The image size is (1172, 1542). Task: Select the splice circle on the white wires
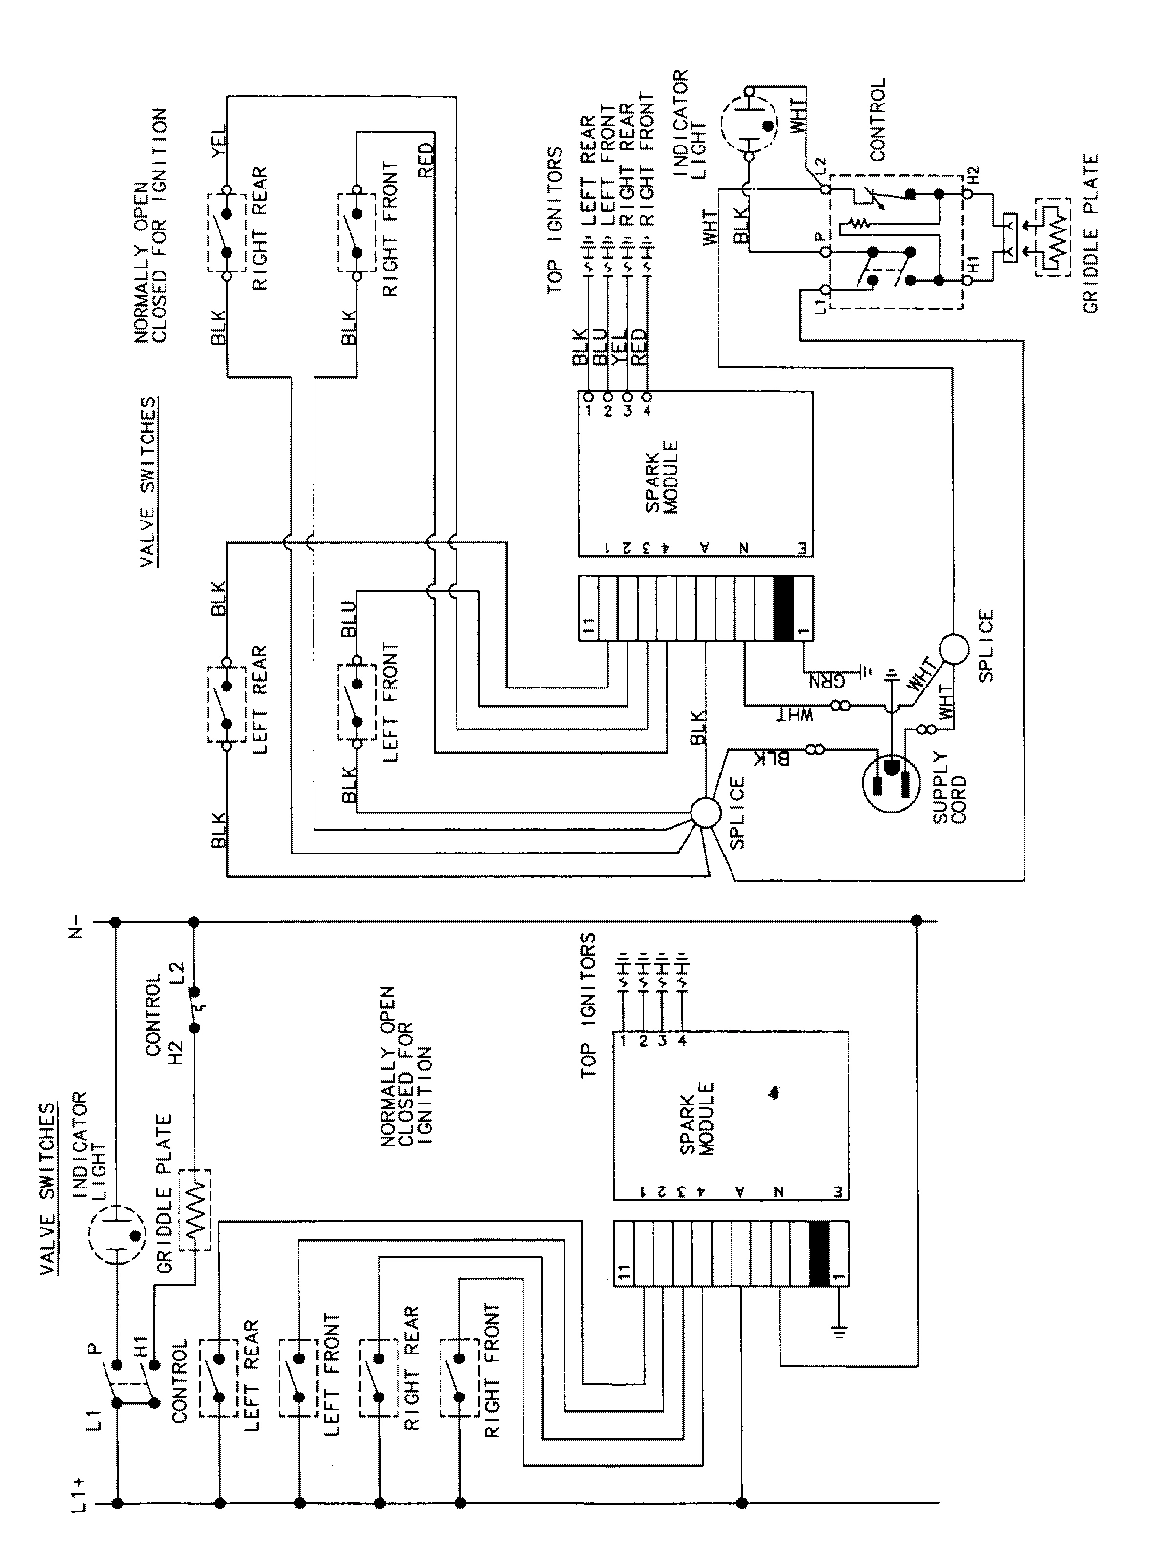953,648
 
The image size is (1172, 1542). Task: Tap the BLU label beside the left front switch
349,622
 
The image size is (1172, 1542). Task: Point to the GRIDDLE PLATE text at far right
1090,234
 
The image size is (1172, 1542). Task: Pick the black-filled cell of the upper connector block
783,609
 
